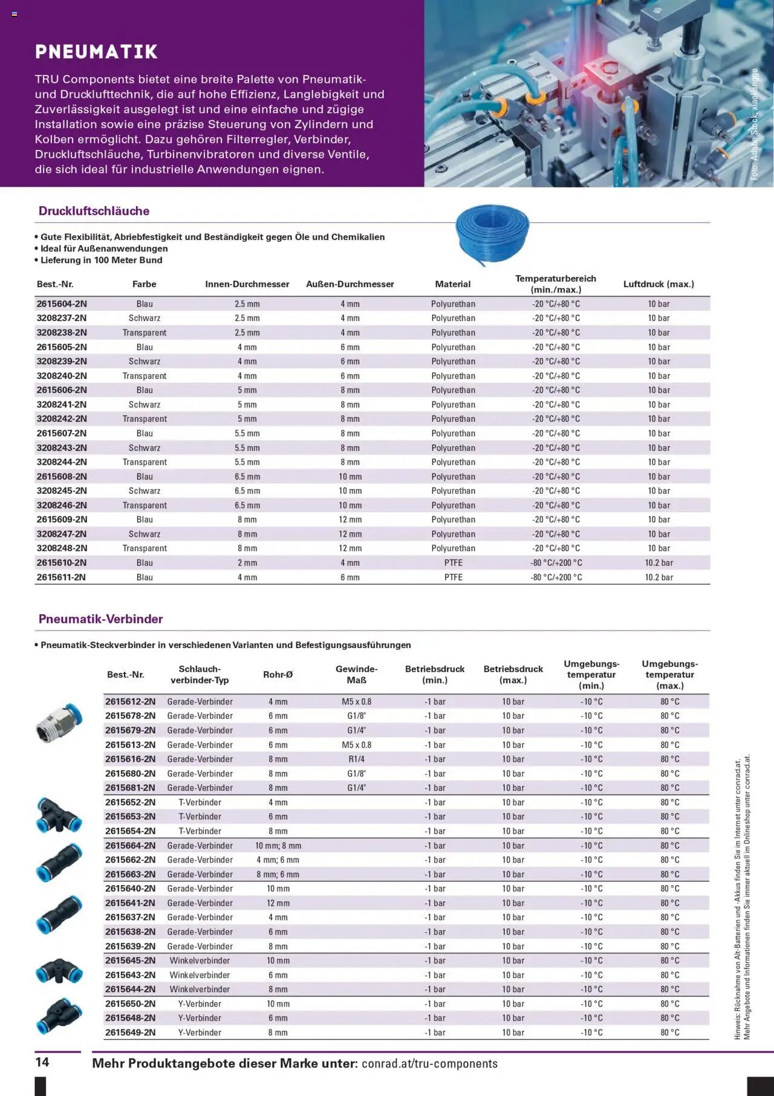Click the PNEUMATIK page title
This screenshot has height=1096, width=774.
pos(96,52)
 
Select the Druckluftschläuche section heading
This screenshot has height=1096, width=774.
pos(94,211)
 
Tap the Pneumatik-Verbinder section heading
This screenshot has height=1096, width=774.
pos(100,619)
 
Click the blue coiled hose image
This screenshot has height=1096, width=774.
pos(492,233)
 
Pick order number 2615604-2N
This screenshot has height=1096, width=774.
pos(62,304)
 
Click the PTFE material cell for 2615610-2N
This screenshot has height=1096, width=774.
pos(453,563)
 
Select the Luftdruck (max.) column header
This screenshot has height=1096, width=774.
pos(659,284)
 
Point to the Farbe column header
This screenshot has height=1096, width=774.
pos(144,284)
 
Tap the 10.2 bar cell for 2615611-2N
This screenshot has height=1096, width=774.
pos(659,577)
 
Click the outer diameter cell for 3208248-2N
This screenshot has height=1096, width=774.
pos(350,548)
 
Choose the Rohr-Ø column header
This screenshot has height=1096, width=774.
pos(278,675)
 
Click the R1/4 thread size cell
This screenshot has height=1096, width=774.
pos(356,759)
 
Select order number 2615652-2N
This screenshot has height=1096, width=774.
pos(130,803)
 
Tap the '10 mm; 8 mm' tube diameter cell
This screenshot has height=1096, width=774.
pos(278,846)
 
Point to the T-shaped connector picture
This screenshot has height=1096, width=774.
pos(58,814)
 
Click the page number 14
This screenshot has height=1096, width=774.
pos(42,1062)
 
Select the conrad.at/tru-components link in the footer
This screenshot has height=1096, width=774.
pos(429,1064)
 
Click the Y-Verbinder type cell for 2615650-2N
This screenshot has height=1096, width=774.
pos(200,1004)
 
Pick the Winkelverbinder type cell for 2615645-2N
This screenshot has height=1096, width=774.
pos(200,961)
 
